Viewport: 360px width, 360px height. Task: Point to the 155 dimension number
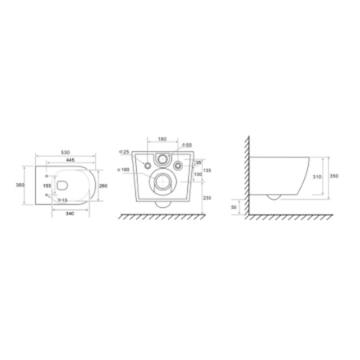coord(46,185)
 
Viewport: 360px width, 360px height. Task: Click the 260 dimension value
coord(102,186)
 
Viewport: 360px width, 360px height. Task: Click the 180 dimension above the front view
coord(162,139)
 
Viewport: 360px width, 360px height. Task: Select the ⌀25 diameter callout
coord(123,152)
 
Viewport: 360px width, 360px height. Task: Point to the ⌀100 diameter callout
coord(123,170)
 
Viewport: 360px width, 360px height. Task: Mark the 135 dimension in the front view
coord(208,170)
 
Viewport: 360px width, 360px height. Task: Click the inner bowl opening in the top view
coord(68,186)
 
